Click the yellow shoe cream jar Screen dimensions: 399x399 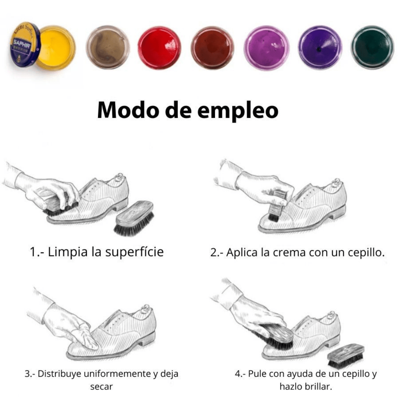pyautogui.click(x=56, y=48)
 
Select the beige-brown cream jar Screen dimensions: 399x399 pyautogui.click(x=108, y=47)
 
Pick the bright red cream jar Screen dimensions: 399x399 pyautogui.click(x=160, y=48)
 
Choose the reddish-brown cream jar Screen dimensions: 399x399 pyautogui.click(x=213, y=48)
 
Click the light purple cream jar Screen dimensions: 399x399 pyautogui.click(x=267, y=48)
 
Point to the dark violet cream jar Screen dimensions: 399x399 pyautogui.click(x=320, y=48)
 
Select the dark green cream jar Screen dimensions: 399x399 pyautogui.click(x=372, y=47)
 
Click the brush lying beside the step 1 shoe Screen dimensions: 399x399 pyautogui.click(x=134, y=218)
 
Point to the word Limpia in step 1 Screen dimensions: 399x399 pyautogui.click(x=68, y=252)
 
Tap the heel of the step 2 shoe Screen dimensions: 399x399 pyautogui.click(x=339, y=212)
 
